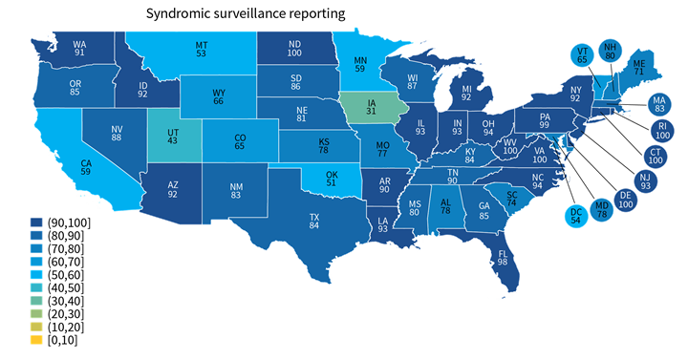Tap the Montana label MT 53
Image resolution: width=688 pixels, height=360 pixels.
(202, 51)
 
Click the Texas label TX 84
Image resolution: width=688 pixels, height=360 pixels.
(313, 222)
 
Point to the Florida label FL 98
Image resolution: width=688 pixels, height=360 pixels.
(502, 259)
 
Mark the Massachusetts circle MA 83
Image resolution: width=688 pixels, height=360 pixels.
(658, 103)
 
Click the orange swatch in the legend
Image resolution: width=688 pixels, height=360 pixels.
(36, 339)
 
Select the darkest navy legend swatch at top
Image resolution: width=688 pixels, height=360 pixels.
(36, 222)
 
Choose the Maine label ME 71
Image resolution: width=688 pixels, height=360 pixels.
(638, 66)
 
